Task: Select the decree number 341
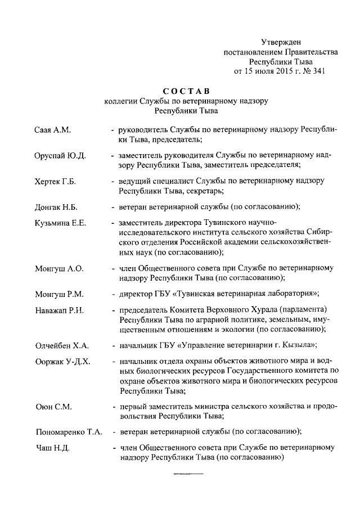click(319, 71)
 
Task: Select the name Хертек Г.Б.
click(55, 182)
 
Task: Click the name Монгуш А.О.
click(59, 269)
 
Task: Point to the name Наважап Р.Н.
click(60, 311)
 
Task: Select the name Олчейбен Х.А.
click(61, 345)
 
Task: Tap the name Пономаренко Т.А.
click(67, 432)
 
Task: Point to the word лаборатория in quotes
click(285, 294)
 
